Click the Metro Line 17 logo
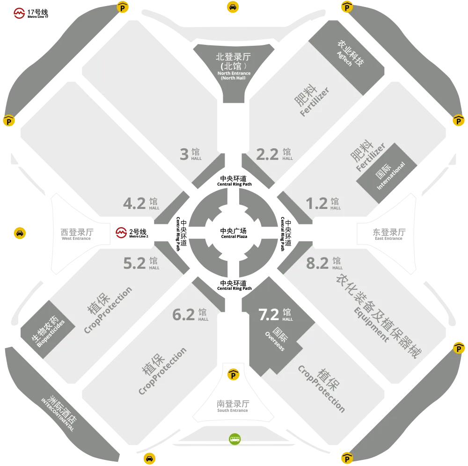tap(19, 13)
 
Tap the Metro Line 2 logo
tap(121, 233)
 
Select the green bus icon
tap(234, 439)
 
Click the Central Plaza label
tap(234, 233)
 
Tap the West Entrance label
tap(77, 234)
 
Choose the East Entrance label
tap(389, 234)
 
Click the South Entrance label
tap(233, 406)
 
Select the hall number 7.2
tap(269, 315)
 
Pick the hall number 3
tap(184, 154)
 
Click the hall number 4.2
tap(134, 203)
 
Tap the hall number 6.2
tap(183, 315)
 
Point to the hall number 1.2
tap(317, 203)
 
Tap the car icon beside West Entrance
tap(20, 233)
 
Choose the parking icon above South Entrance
tap(233, 374)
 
